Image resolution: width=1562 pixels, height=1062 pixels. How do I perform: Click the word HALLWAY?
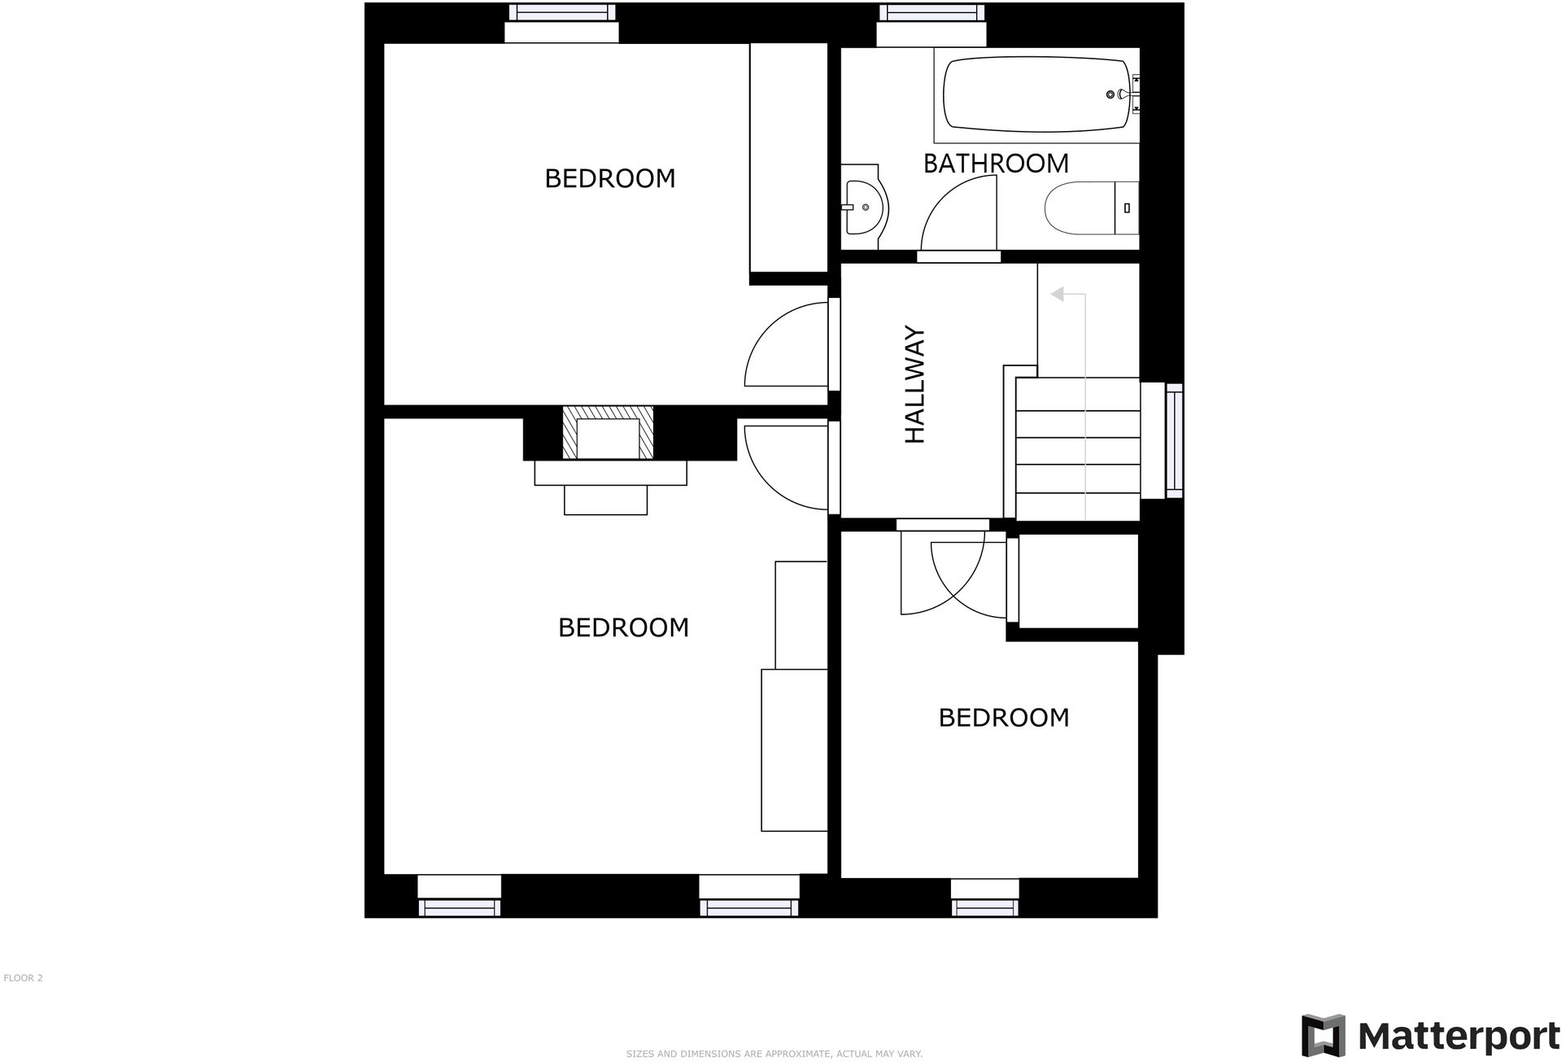(x=916, y=385)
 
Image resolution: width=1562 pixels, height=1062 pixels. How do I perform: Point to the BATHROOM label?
(x=996, y=164)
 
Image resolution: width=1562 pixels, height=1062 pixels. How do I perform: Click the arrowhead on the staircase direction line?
(x=1058, y=294)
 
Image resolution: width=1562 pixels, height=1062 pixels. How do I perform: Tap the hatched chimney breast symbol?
(x=608, y=433)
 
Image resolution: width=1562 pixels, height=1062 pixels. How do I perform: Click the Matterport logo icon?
(x=1323, y=1035)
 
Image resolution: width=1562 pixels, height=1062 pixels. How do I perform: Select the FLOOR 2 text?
(x=23, y=978)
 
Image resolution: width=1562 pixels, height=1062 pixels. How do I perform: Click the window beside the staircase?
(x=1174, y=440)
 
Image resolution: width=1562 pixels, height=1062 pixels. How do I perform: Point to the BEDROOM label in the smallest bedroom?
(x=1003, y=718)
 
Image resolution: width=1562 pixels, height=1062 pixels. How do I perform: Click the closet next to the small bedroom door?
(x=1078, y=581)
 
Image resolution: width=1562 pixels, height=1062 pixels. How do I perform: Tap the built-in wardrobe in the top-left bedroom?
(x=788, y=157)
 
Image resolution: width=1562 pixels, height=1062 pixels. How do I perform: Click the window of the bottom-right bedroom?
(x=984, y=907)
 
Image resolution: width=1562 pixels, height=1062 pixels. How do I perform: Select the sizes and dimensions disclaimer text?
(x=774, y=1054)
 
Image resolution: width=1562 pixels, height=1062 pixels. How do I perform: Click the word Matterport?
(x=1459, y=1037)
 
